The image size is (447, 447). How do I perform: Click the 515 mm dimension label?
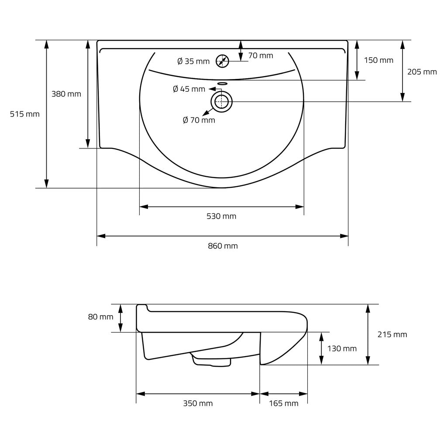[25, 114]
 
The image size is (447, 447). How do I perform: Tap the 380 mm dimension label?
[66, 94]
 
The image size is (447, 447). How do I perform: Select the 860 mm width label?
[223, 246]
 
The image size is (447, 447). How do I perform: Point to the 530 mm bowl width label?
[221, 217]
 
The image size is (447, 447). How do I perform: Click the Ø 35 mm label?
[193, 61]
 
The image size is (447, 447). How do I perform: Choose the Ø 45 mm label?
[189, 89]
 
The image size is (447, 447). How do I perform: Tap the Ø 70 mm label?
[199, 120]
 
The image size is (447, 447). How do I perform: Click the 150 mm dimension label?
[378, 60]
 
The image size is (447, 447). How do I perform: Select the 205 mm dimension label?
[422, 72]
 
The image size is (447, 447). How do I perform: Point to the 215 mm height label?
[392, 334]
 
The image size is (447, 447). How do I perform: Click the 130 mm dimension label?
[342, 349]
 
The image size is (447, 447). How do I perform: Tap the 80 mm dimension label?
[101, 317]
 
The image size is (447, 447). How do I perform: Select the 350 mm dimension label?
[198, 403]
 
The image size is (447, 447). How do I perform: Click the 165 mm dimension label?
[284, 403]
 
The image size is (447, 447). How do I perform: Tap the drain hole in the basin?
[221, 91]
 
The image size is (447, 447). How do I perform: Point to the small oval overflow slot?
[222, 83]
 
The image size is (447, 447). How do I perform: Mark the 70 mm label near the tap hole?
[261, 55]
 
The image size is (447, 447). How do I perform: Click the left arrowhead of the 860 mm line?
[101, 236]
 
